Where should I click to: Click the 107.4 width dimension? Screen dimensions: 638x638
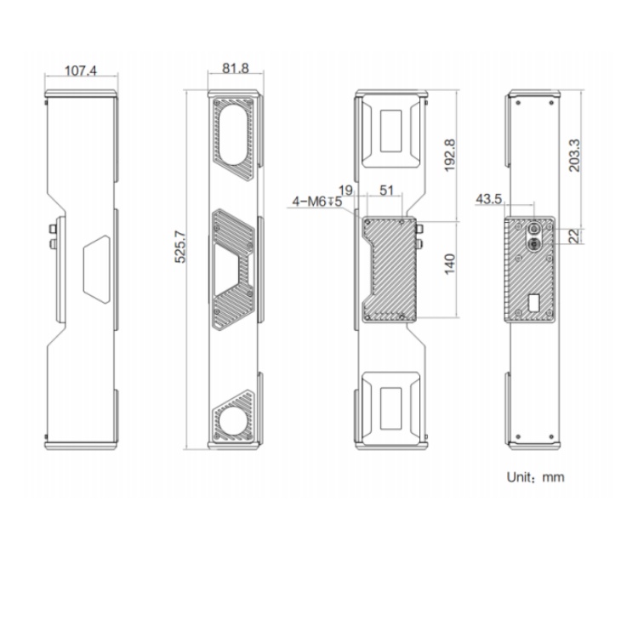click(x=81, y=71)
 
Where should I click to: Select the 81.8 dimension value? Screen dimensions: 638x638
click(x=235, y=68)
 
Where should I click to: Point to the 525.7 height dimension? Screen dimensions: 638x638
click(x=180, y=247)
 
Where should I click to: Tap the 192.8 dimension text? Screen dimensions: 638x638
click(x=450, y=155)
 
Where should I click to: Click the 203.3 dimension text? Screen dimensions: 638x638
click(x=574, y=155)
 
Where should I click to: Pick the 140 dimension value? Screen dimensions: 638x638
click(x=450, y=264)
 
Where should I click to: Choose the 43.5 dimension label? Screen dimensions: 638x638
click(x=488, y=199)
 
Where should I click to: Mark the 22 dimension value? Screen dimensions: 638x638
click(x=573, y=236)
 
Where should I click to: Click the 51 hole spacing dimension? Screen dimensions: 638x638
click(x=386, y=190)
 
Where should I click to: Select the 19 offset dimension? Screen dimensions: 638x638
click(x=345, y=190)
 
